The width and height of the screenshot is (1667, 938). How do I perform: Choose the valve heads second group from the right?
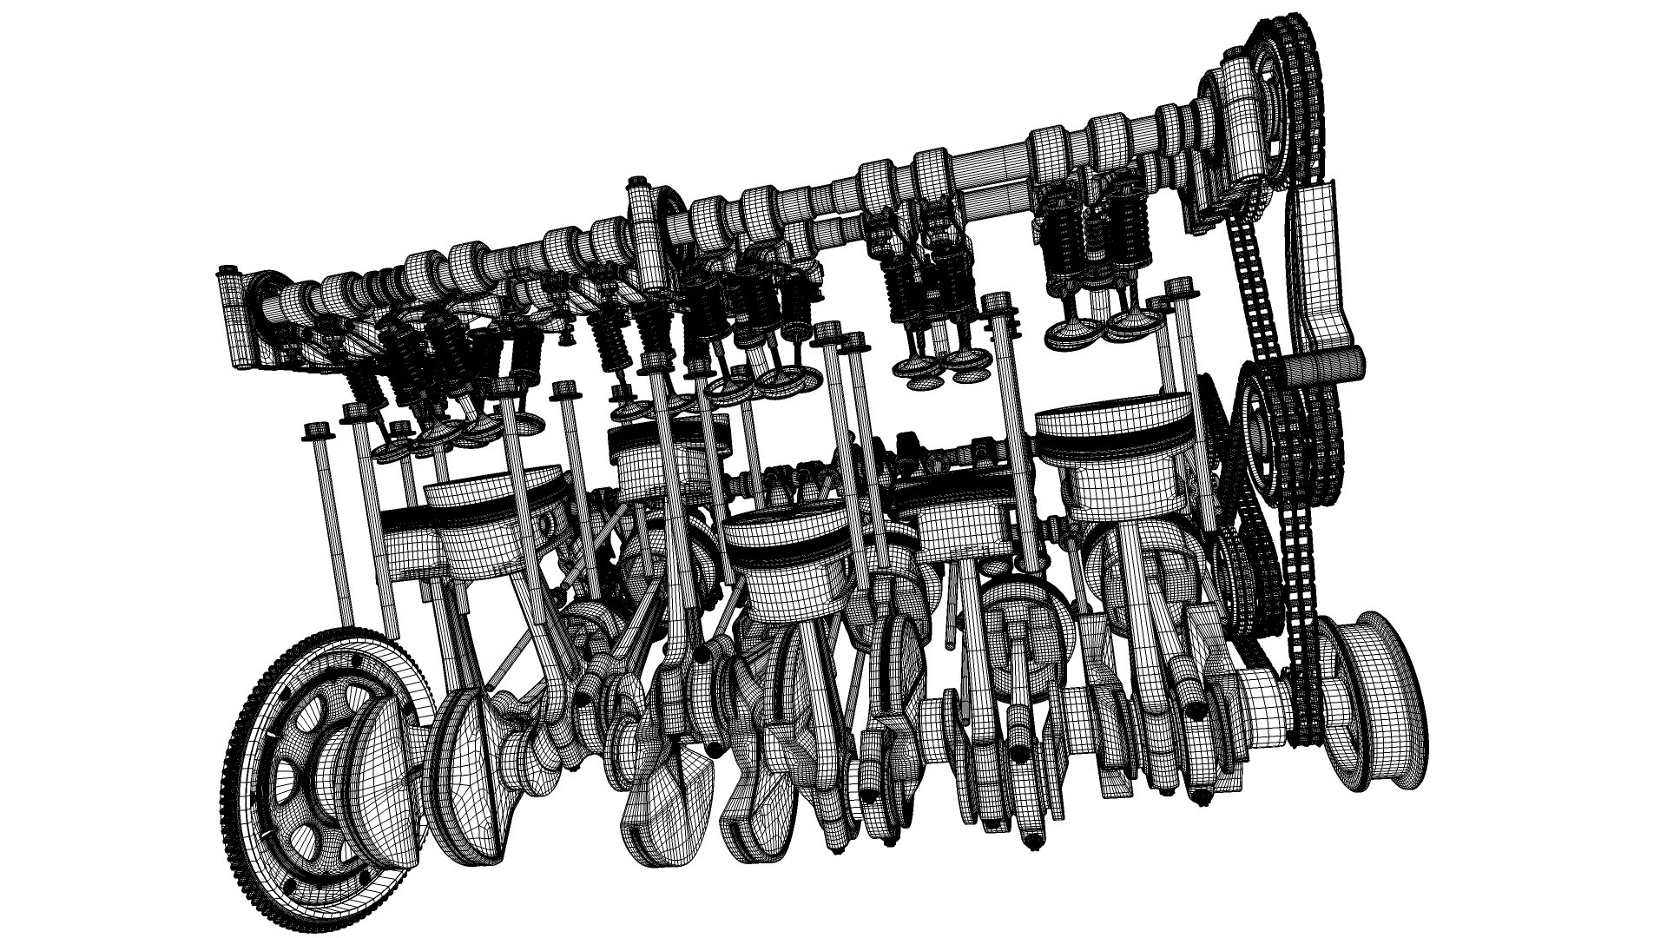coord(942,365)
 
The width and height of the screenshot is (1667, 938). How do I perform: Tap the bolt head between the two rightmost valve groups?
coord(998,303)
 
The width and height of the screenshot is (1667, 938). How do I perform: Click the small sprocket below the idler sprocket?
coord(1233,556)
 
